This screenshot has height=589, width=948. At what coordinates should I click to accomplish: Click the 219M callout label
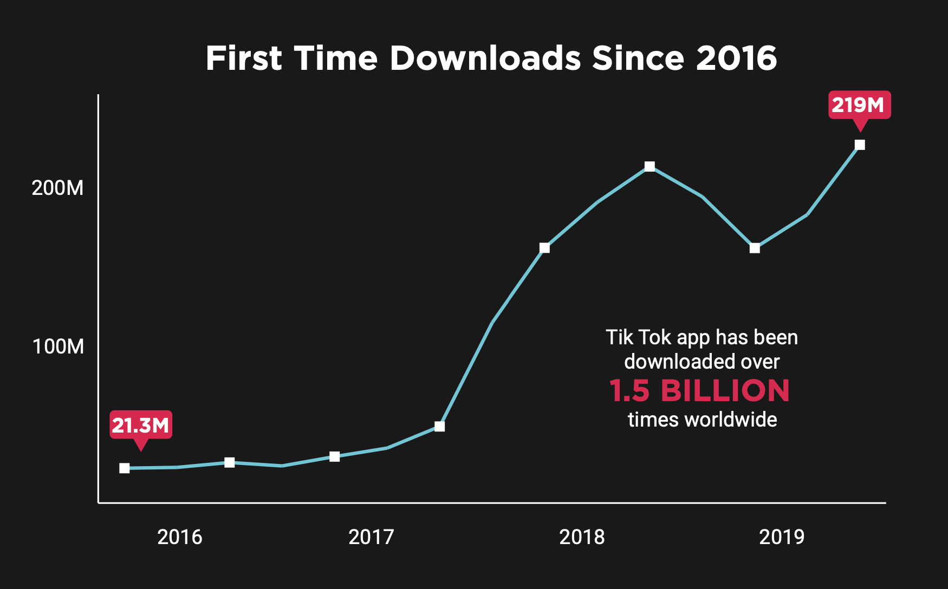click(859, 105)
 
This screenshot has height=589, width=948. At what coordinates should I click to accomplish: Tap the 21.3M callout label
click(141, 426)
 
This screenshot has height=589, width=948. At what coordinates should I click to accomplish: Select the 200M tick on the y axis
click(57, 188)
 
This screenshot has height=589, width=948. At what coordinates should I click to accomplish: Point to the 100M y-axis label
click(58, 346)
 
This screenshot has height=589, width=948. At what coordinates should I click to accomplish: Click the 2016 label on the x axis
click(179, 537)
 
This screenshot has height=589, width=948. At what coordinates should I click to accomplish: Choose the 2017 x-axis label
click(371, 537)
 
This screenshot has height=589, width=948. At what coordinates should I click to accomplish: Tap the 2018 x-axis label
click(582, 537)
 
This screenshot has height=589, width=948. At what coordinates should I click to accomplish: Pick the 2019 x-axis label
click(782, 537)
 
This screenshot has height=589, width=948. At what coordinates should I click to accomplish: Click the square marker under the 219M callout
click(860, 145)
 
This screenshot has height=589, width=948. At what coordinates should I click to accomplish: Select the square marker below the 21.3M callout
click(125, 468)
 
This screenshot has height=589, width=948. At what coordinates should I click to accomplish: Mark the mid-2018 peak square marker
click(650, 167)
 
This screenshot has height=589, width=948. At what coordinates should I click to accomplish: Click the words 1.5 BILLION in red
click(699, 391)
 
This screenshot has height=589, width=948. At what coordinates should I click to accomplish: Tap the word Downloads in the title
click(485, 58)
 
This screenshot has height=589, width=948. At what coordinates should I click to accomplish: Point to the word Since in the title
click(638, 58)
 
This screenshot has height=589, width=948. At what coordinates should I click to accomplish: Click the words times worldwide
click(702, 420)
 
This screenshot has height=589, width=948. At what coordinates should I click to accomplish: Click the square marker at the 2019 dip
click(755, 248)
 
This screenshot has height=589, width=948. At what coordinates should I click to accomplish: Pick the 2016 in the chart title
click(737, 58)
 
